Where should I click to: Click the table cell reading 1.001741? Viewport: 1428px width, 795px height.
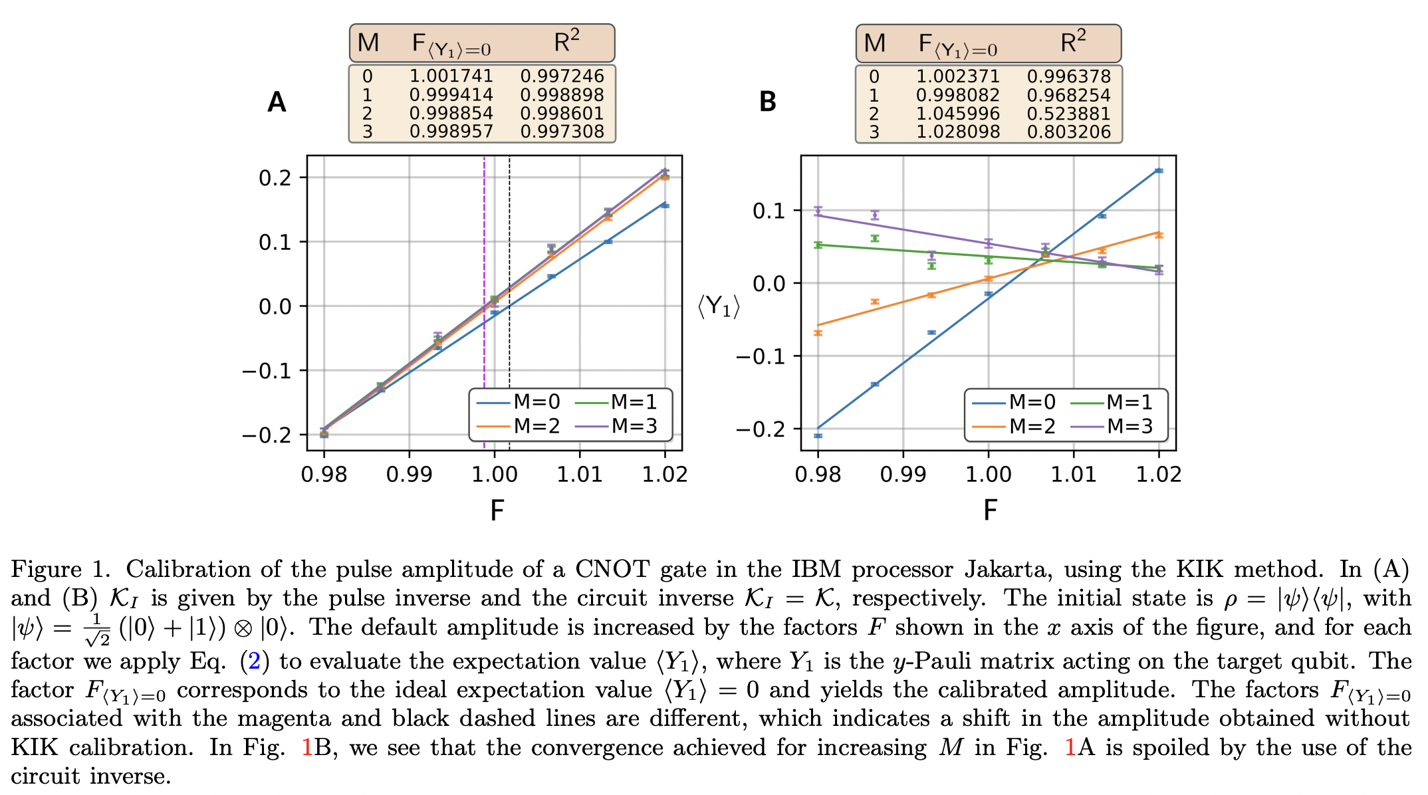pyautogui.click(x=451, y=76)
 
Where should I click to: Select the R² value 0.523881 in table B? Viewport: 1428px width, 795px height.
pyautogui.click(x=1068, y=114)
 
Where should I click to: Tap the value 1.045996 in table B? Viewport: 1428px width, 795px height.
pyautogui.click(x=957, y=114)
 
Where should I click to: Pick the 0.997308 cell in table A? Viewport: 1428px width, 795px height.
pyautogui.click(x=562, y=132)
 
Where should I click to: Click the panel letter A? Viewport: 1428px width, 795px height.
pyautogui.click(x=277, y=102)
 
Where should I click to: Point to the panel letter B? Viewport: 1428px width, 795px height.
pyautogui.click(x=767, y=102)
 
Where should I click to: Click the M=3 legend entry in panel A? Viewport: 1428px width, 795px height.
pyautogui.click(x=623, y=426)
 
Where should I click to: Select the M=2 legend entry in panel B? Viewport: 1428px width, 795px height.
pyautogui.click(x=1014, y=426)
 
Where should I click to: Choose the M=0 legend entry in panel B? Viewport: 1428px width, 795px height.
pyautogui.click(x=1014, y=402)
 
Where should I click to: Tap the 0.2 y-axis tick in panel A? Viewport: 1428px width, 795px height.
pyautogui.click(x=275, y=178)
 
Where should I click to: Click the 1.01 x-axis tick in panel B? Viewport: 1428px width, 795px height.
pyautogui.click(x=1074, y=475)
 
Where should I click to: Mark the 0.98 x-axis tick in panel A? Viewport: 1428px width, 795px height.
pyautogui.click(x=324, y=475)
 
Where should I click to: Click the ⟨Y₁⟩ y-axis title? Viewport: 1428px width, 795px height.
pyautogui.click(x=718, y=306)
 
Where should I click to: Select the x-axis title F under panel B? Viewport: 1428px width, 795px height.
pyautogui.click(x=990, y=511)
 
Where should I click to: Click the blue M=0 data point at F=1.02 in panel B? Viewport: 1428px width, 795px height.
pyautogui.click(x=1159, y=171)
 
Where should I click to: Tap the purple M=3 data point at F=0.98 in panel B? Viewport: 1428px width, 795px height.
pyautogui.click(x=818, y=210)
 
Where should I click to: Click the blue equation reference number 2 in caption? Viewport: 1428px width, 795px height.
pyautogui.click(x=254, y=661)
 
